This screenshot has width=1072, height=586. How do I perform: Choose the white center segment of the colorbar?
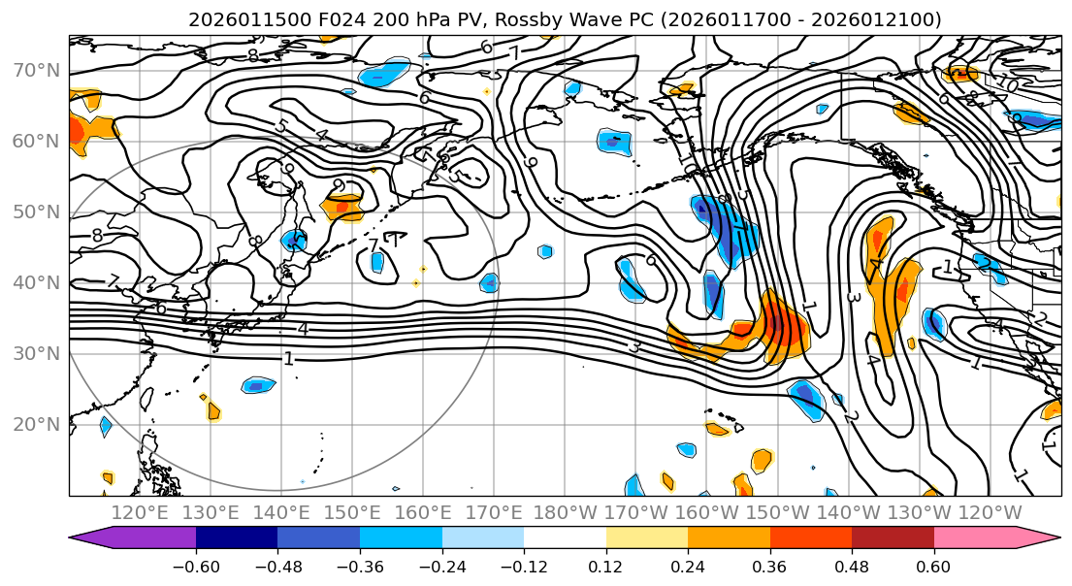[565, 537]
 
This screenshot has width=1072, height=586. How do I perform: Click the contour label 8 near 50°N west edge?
[96, 236]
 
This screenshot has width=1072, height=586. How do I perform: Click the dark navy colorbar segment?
[237, 537]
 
